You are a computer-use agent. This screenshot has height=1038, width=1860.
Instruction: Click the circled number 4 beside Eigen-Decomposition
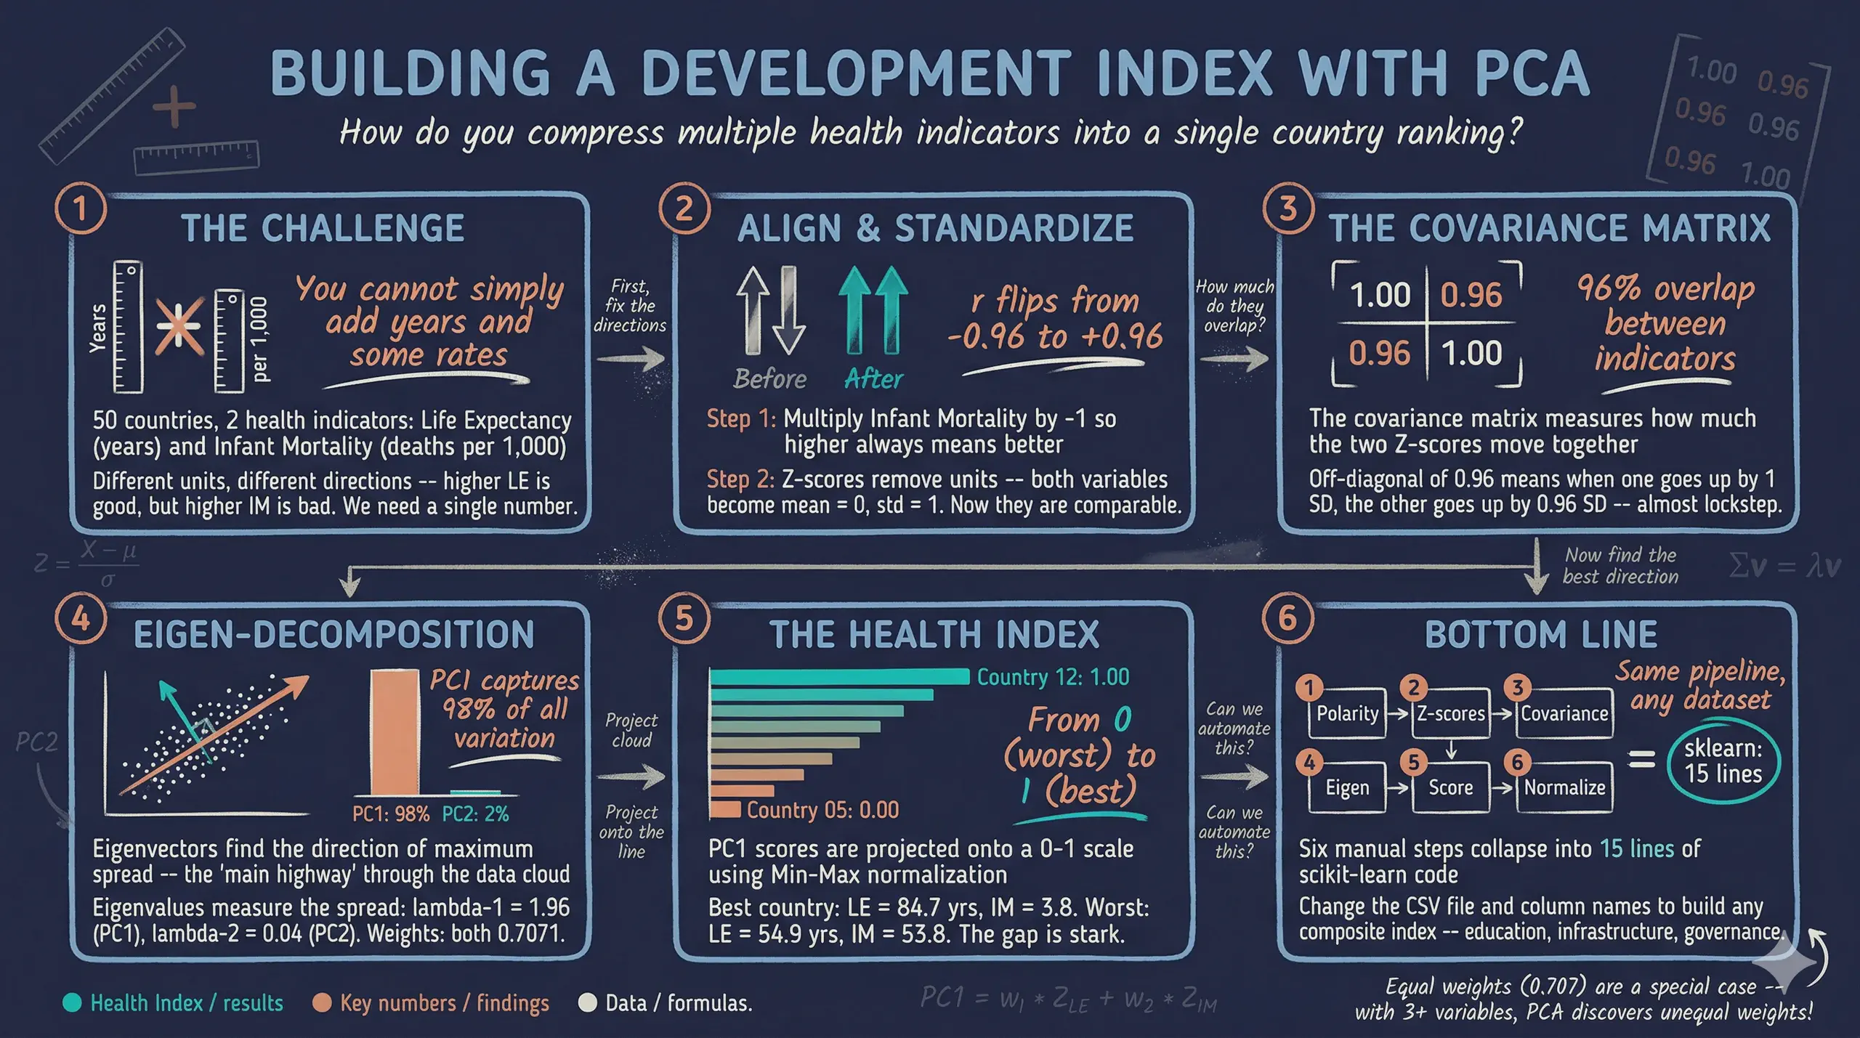point(80,619)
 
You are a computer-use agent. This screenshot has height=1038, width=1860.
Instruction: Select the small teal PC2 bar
point(475,792)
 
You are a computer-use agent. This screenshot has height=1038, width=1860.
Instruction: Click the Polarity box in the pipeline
point(1347,713)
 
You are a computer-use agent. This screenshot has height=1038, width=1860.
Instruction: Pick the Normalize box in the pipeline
point(1564,787)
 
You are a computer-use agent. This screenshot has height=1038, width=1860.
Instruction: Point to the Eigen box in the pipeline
point(1347,787)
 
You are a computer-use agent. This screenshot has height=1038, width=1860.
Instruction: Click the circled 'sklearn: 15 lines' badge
point(1723,761)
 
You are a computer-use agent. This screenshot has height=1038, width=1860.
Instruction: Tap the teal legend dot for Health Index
point(72,1003)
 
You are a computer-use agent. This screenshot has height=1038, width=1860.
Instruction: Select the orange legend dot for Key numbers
point(322,1003)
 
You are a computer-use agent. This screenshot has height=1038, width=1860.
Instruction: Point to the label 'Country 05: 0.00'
point(822,810)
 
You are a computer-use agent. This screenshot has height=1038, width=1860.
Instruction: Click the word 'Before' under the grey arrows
point(769,378)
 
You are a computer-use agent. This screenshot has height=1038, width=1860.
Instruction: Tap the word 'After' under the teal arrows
point(873,378)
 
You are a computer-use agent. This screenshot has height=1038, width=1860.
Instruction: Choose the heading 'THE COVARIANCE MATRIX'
point(1549,228)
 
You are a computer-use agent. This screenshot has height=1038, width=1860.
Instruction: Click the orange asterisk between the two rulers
point(179,327)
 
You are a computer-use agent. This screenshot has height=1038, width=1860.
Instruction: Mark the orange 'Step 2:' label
point(740,479)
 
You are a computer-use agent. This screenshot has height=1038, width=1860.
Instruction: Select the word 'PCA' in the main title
point(1532,73)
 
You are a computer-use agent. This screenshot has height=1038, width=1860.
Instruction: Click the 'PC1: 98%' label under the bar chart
point(391,814)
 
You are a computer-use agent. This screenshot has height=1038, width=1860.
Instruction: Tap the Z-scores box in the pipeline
point(1450,713)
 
